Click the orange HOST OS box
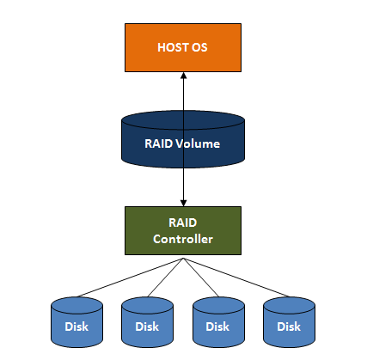tap(182, 46)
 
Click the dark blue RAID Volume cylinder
tap(182, 141)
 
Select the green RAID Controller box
tap(182, 229)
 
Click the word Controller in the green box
tap(182, 238)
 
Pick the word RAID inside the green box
tap(182, 223)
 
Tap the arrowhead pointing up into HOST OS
tap(183, 76)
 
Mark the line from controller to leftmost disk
tap(129, 277)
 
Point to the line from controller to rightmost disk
tap(236, 277)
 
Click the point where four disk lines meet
tap(183, 256)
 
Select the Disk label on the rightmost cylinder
tap(288, 326)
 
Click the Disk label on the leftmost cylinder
tap(76, 326)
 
